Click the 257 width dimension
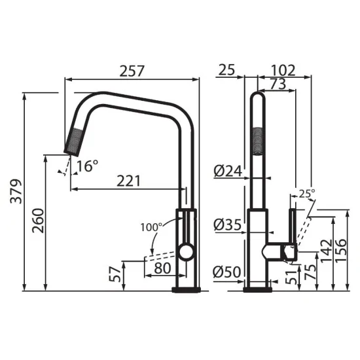(132, 69)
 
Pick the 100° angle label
(151, 227)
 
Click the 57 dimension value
(116, 274)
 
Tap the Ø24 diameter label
(228, 171)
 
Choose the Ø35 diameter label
(228, 224)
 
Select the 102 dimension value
(283, 69)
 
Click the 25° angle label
(306, 193)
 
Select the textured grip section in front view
(259, 138)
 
